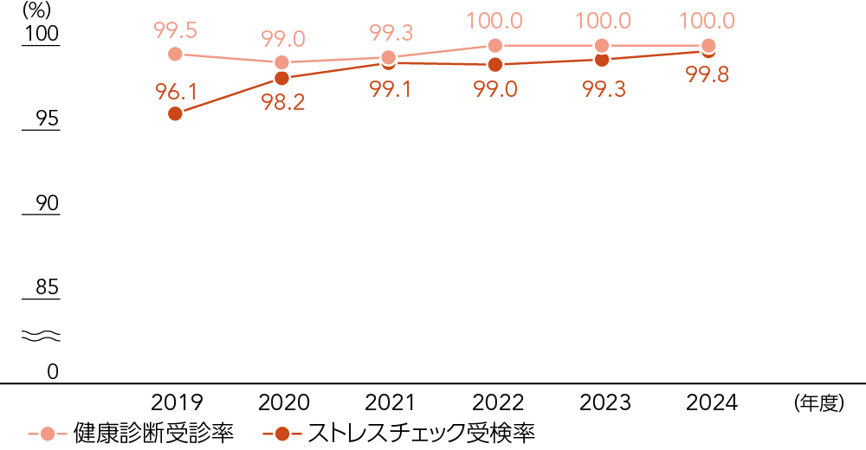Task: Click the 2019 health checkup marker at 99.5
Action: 175,54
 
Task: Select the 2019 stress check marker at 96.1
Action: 175,113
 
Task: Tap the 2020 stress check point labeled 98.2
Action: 281,78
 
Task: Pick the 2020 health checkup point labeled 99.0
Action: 281,62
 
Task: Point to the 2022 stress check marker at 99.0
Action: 494,64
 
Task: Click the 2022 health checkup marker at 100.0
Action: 494,45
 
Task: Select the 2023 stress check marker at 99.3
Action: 601,59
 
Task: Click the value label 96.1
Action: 175,89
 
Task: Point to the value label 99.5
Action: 175,30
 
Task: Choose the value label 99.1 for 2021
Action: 390,89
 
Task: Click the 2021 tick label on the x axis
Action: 390,402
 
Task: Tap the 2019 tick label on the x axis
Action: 177,402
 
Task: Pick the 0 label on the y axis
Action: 52,371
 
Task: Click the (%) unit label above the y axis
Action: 38,11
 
